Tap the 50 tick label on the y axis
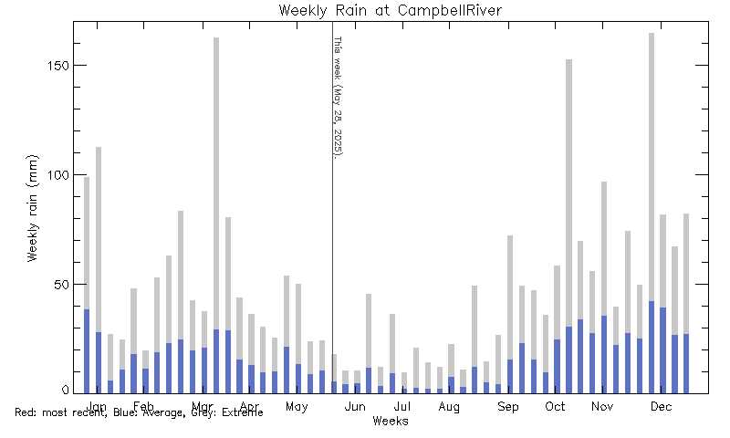pos(60,285)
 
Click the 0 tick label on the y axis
pos(64,391)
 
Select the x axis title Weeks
pos(391,421)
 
